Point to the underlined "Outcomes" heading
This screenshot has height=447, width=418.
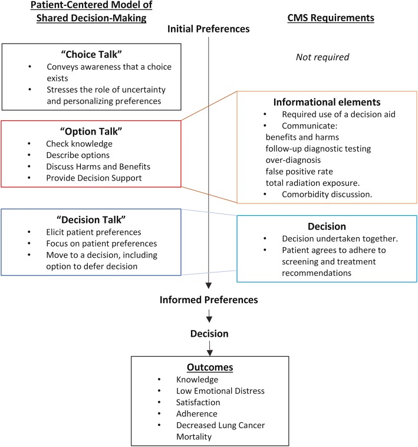[x=209, y=367]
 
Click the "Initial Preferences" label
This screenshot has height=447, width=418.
[x=209, y=28]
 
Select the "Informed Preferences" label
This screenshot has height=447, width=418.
[x=209, y=300]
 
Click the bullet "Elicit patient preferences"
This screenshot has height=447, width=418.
[x=93, y=220]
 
